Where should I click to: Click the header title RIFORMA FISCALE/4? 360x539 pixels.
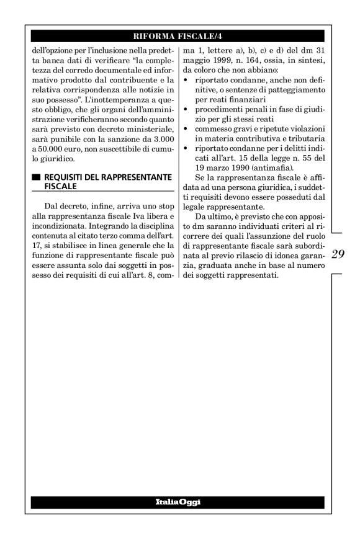180,35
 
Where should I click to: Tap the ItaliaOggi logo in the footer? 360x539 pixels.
179,501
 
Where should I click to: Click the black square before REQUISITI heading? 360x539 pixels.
36,177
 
